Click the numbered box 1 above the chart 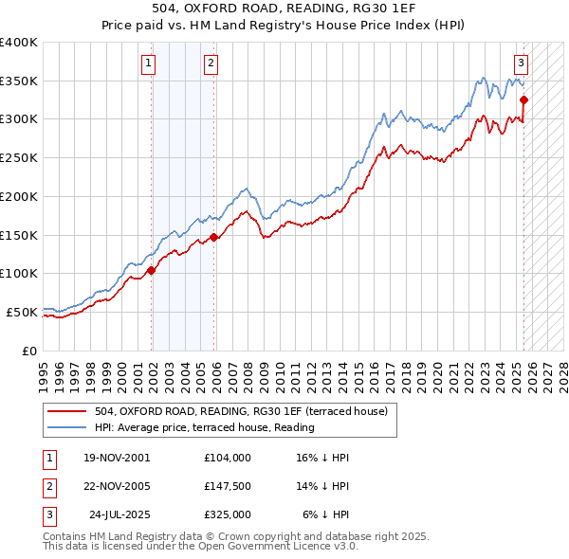point(149,64)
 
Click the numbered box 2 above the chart point(210,64)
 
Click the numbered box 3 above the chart point(521,64)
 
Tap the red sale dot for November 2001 point(151,271)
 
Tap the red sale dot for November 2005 point(214,237)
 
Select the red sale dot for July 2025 point(523,99)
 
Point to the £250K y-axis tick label point(19,158)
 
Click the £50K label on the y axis point(23,312)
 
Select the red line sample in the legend point(67,411)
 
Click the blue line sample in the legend point(67,427)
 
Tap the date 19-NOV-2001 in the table point(117,458)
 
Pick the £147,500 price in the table point(227,486)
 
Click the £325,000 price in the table point(227,514)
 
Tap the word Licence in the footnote point(299,547)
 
